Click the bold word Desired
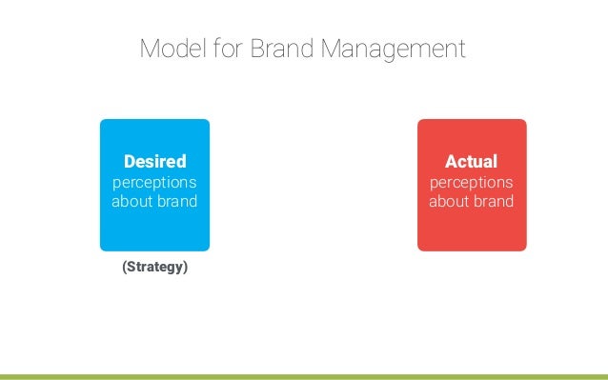pos(155,162)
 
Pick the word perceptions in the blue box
pos(155,182)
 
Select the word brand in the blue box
pos(177,201)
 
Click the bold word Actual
pos(471,162)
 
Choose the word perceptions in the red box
pos(471,182)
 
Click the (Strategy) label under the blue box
pos(154,267)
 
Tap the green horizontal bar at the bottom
pos(304,376)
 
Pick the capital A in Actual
pos(451,162)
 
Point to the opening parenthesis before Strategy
pos(124,267)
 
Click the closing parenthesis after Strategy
pos(185,267)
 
